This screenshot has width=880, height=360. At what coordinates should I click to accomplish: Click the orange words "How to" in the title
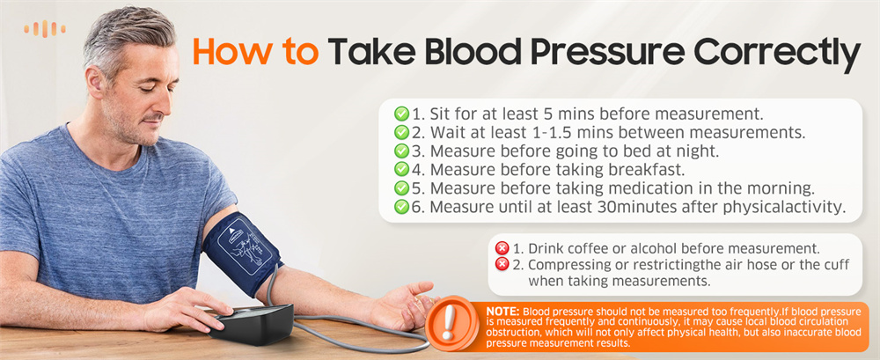tap(255, 52)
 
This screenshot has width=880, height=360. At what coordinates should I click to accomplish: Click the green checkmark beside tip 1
tap(401, 114)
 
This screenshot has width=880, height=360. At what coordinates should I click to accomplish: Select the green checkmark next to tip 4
tap(401, 169)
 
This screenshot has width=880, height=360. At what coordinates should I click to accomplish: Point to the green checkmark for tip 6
tap(401, 207)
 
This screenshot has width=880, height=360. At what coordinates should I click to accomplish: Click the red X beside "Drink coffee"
tap(502, 247)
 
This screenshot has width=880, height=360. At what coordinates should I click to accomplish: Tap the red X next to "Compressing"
tap(502, 264)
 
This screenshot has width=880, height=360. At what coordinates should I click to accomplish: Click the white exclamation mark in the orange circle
tap(449, 323)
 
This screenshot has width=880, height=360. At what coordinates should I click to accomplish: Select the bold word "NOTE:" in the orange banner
tap(502, 311)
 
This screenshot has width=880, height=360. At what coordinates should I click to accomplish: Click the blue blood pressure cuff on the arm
tap(243, 252)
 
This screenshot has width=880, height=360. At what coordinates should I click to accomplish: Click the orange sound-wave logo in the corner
tap(45, 29)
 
